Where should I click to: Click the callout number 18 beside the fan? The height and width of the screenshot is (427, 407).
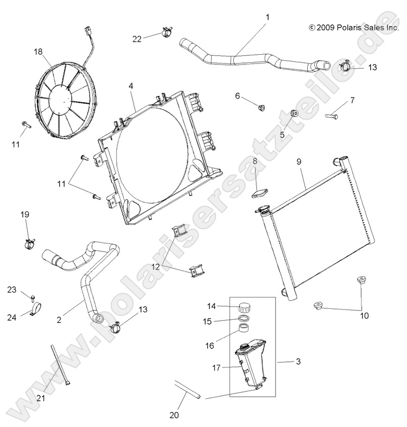[38, 51]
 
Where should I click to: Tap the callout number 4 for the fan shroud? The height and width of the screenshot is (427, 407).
[131, 86]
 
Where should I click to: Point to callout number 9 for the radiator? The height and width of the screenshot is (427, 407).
[298, 161]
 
